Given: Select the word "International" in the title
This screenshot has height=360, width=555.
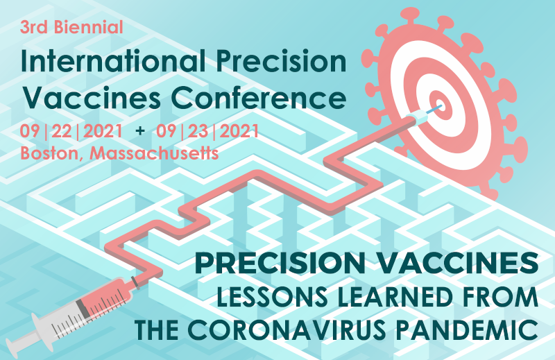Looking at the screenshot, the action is click(113, 61).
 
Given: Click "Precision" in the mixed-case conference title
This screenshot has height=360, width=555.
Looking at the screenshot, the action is click(281, 61).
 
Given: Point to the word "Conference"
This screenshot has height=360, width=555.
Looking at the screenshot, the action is click(258, 98).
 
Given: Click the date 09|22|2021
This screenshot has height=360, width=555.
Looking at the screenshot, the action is click(71, 131).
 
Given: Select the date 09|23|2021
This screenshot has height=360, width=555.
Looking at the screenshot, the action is click(207, 131).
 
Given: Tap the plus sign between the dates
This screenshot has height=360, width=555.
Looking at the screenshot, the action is click(140, 131).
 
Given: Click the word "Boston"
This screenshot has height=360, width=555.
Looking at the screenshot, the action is click(49, 153).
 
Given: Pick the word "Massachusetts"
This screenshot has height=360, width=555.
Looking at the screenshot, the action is click(153, 153).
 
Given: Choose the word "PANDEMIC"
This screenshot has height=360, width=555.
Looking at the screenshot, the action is click(467, 330).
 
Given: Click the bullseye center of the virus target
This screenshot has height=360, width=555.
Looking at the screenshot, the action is click(441, 105).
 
